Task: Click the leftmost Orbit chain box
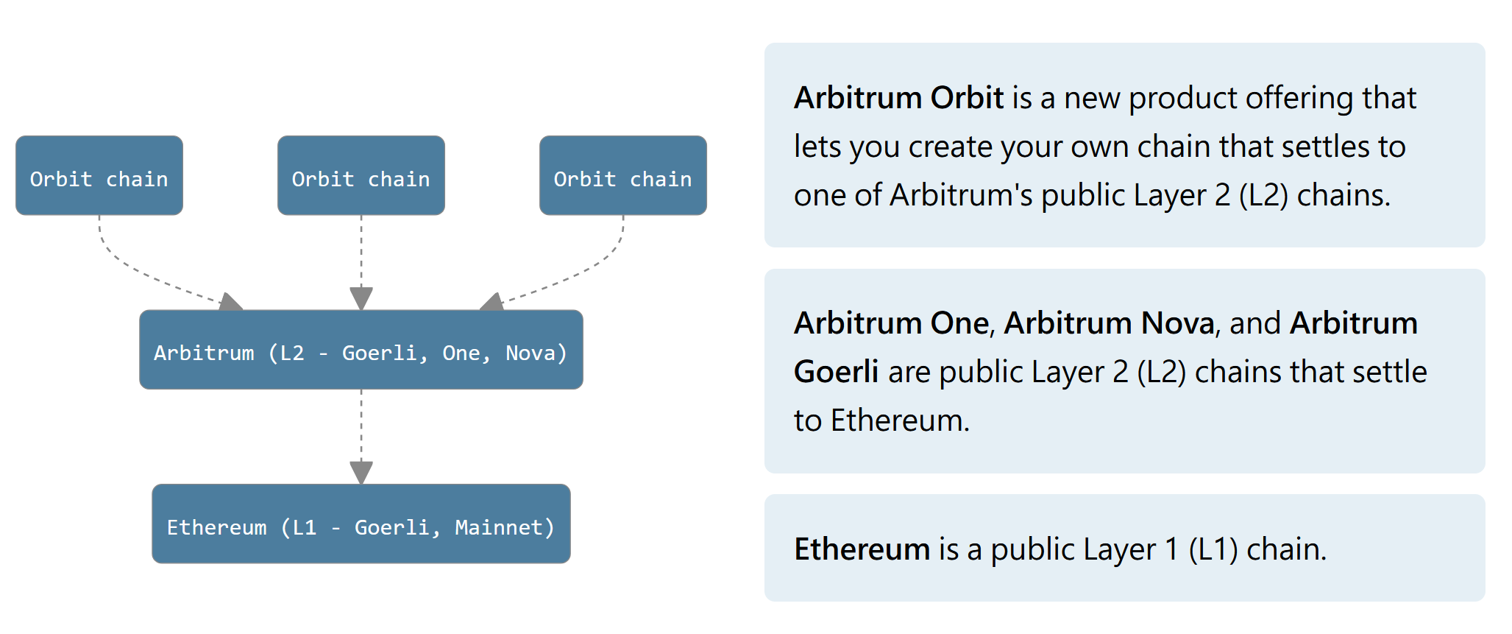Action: tap(99, 175)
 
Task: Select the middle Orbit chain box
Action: tap(361, 175)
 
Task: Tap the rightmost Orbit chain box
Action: tap(622, 175)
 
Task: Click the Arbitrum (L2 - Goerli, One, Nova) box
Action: tap(361, 350)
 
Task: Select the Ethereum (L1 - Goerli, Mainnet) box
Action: tap(361, 524)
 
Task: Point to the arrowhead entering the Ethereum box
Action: tap(361, 472)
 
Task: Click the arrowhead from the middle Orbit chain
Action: tap(361, 297)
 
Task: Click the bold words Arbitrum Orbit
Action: tap(898, 98)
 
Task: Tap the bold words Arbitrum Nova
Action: tap(1109, 323)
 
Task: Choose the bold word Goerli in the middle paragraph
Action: tap(836, 372)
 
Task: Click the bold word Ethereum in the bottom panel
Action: tap(862, 549)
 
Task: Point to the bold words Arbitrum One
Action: tap(891, 323)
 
